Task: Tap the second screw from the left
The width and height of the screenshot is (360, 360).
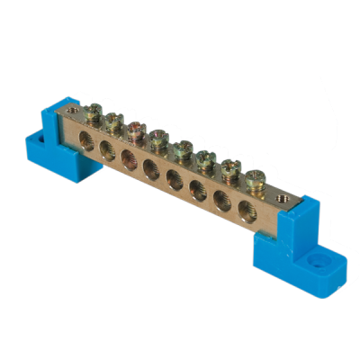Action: pyautogui.click(x=112, y=121)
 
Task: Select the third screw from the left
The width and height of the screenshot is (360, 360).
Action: pyautogui.click(x=135, y=130)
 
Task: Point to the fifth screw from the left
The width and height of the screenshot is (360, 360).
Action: pyautogui.click(x=182, y=148)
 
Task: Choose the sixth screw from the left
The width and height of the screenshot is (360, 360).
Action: pyautogui.click(x=206, y=158)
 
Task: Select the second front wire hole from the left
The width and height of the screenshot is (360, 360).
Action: pyautogui.click(x=106, y=148)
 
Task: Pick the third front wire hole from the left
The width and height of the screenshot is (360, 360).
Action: pyautogui.click(x=128, y=157)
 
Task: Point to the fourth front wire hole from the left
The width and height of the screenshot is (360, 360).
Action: pyautogui.click(x=150, y=166)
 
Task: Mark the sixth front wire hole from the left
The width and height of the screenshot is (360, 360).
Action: pyautogui.click(x=196, y=188)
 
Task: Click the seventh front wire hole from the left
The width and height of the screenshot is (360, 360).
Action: pyautogui.click(x=220, y=199)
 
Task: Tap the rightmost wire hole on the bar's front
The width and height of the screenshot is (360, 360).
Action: pyautogui.click(x=244, y=209)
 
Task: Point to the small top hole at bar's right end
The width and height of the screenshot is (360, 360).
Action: pyautogui.click(x=281, y=192)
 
